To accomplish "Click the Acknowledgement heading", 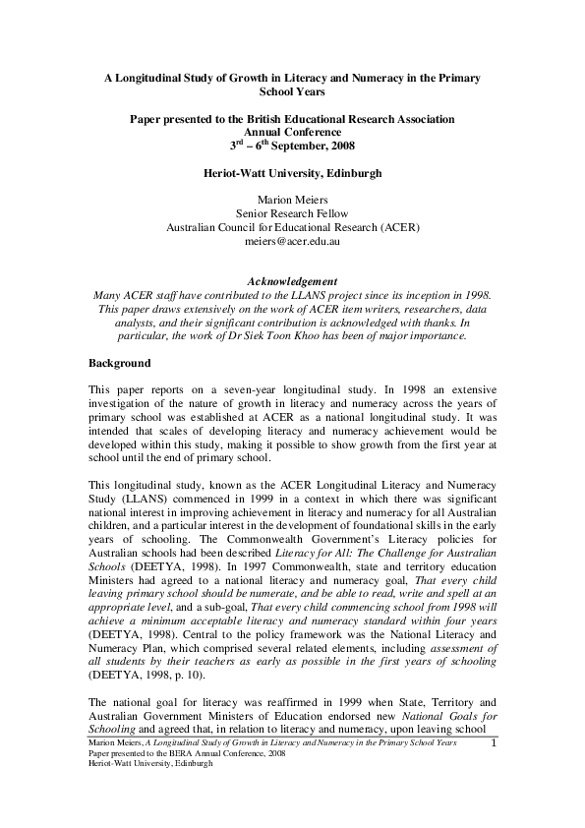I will (292, 280).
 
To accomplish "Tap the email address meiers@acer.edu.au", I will (292, 239).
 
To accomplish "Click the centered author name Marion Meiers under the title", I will (292, 198).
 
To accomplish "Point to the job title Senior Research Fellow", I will (292, 211).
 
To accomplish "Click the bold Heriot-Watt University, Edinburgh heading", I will (292, 171).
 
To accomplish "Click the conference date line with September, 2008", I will (292, 146).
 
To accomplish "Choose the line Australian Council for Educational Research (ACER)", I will (292, 225).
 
